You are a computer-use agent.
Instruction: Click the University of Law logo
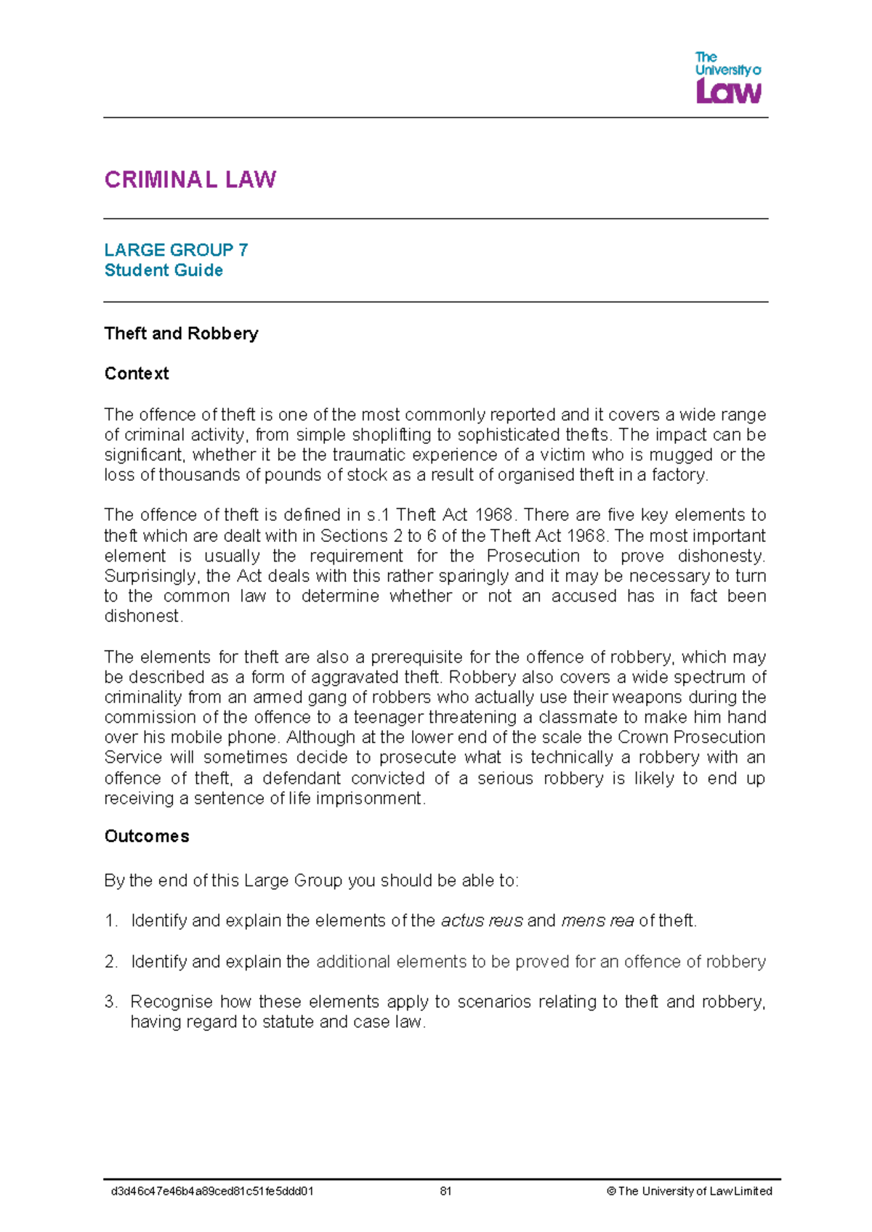pyautogui.click(x=728, y=78)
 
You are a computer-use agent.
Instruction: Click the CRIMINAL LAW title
pyautogui.click(x=190, y=180)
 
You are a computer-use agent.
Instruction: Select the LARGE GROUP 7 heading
pyautogui.click(x=176, y=250)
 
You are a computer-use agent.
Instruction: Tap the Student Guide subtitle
pyautogui.click(x=163, y=270)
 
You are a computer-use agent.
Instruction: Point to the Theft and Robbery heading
pyautogui.click(x=181, y=333)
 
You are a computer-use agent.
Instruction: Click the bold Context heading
pyautogui.click(x=137, y=373)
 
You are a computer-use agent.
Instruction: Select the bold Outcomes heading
pyautogui.click(x=147, y=836)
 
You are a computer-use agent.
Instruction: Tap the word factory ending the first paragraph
pyautogui.click(x=680, y=475)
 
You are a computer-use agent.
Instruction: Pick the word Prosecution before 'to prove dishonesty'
pyautogui.click(x=533, y=556)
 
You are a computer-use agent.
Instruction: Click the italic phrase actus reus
pyautogui.click(x=482, y=921)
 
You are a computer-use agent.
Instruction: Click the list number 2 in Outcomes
pyautogui.click(x=110, y=962)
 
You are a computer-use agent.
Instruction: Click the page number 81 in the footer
pyautogui.click(x=445, y=1191)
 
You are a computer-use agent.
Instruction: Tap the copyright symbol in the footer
pyautogui.click(x=611, y=1191)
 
